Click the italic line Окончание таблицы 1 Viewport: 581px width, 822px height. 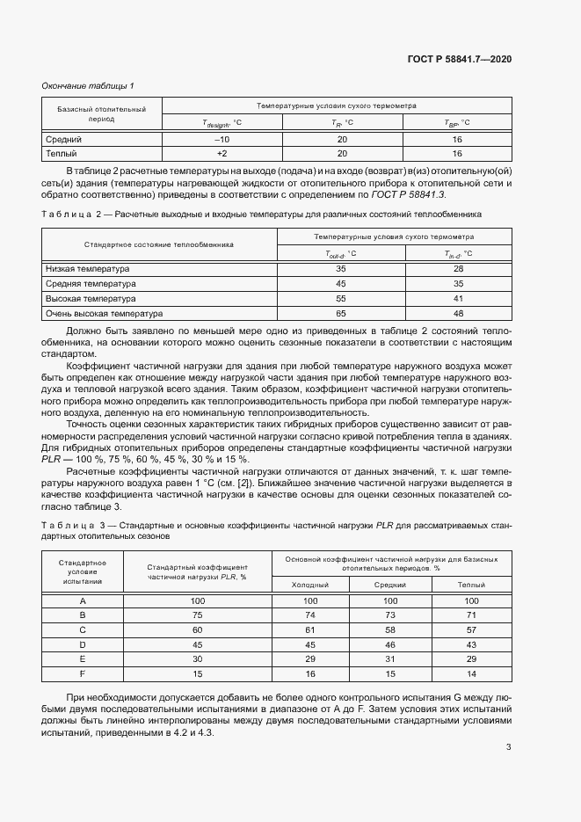[x=88, y=85]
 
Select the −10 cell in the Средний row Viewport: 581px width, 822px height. [x=222, y=139]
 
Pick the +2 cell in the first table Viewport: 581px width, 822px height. [x=222, y=153]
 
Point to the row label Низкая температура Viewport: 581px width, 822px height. [x=86, y=268]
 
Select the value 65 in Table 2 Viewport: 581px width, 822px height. [x=341, y=313]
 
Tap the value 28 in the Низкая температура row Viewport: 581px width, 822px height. [x=458, y=268]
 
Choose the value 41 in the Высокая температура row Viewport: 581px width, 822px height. [x=458, y=298]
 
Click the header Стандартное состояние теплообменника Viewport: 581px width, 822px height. [x=160, y=245]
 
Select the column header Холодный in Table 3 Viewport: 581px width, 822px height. [x=310, y=584]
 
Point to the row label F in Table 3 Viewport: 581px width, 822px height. [x=83, y=673]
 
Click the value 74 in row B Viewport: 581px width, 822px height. [x=310, y=615]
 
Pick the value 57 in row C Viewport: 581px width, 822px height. [x=470, y=629]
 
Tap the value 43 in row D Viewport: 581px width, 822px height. [x=470, y=644]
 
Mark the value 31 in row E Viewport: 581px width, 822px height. [x=390, y=658]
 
